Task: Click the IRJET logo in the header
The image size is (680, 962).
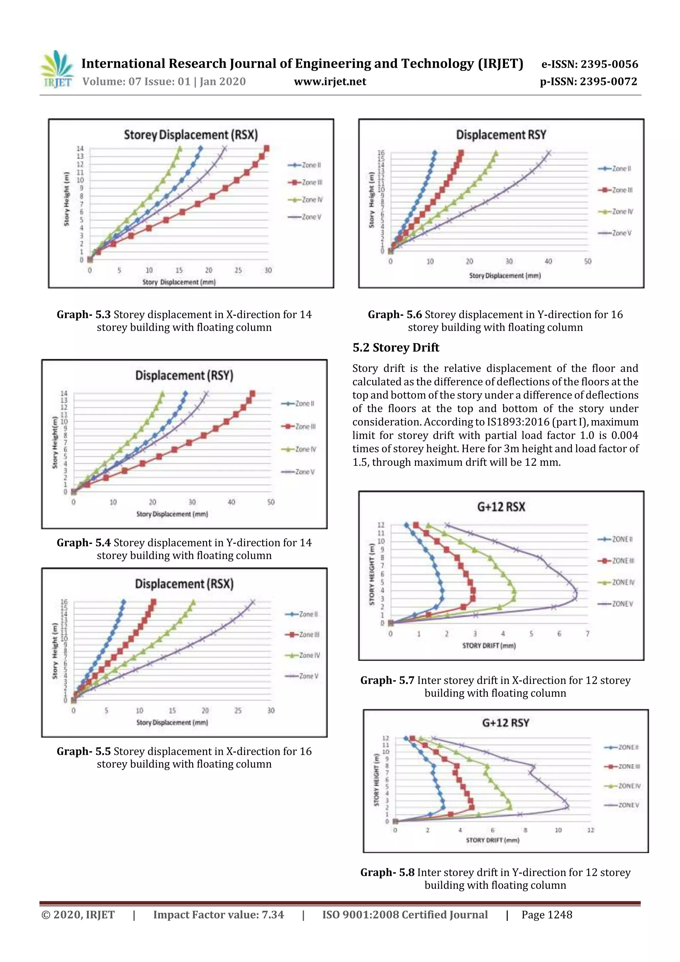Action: [56, 69]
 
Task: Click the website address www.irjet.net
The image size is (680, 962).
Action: [330, 82]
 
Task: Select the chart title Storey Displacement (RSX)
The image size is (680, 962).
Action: [191, 135]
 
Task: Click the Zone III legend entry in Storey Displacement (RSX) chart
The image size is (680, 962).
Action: [305, 182]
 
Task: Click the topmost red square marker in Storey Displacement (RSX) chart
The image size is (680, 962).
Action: [267, 148]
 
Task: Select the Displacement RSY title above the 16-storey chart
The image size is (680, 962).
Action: [501, 135]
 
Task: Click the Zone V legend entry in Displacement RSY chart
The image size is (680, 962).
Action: [615, 233]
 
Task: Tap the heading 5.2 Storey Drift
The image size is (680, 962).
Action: [395, 347]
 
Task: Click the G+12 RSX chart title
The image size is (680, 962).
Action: [501, 507]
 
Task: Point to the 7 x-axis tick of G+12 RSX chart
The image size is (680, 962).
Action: [587, 634]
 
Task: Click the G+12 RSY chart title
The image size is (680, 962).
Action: [506, 723]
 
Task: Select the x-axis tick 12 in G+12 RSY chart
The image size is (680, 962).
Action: [590, 830]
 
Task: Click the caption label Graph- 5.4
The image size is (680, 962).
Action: [83, 543]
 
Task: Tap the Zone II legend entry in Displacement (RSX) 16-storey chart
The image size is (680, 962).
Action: [302, 614]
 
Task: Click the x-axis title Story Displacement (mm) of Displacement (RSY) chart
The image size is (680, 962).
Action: [172, 514]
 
